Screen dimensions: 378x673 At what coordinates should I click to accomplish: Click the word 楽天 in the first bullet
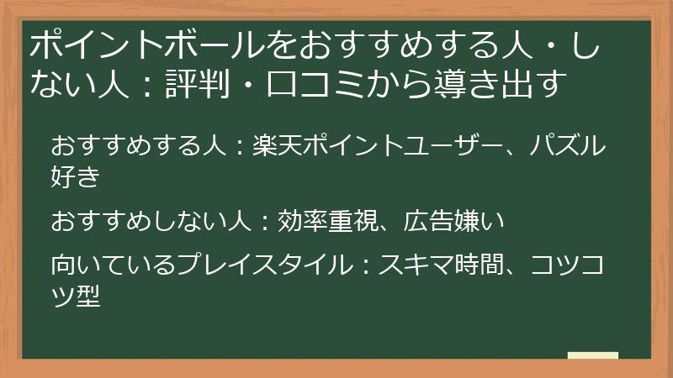(274, 145)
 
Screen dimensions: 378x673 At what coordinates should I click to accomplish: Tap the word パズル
(567, 145)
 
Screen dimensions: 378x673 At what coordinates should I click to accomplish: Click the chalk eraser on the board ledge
(593, 356)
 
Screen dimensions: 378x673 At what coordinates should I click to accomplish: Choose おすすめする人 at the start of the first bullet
(139, 145)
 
